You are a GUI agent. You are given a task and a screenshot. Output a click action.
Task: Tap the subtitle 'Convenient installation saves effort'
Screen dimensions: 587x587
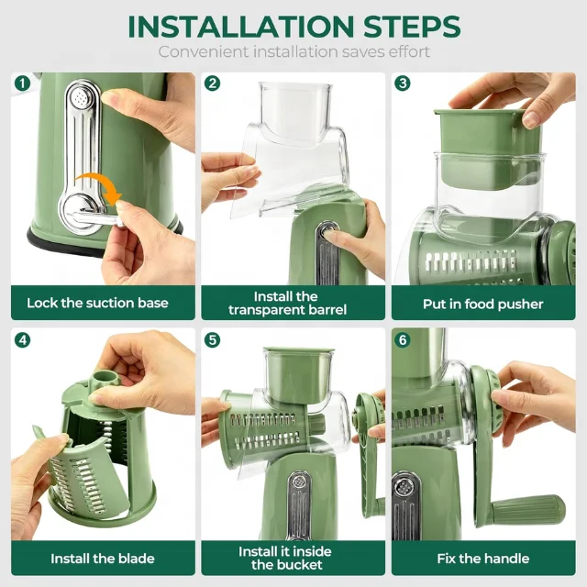(293, 51)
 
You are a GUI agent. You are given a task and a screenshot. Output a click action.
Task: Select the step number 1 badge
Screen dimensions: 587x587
(22, 83)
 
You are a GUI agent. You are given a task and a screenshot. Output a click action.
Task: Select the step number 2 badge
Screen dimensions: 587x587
(213, 83)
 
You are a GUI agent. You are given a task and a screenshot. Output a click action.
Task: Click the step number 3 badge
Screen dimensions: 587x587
(403, 83)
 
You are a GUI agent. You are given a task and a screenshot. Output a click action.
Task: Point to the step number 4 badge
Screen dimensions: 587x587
(22, 339)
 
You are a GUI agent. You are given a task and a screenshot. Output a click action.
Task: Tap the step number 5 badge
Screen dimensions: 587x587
(213, 339)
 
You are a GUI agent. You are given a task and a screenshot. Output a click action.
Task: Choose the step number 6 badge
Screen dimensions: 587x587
(403, 339)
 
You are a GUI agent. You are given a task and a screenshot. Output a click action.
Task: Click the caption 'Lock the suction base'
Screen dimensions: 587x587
(97, 303)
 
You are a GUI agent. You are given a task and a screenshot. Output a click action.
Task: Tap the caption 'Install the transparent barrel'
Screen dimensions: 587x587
(287, 303)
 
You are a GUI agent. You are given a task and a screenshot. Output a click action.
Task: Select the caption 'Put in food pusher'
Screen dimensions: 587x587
(483, 304)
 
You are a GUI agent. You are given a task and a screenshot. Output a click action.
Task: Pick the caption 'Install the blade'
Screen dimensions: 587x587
(103, 558)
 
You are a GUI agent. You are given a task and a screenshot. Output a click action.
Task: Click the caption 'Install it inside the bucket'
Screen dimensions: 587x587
(285, 558)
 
